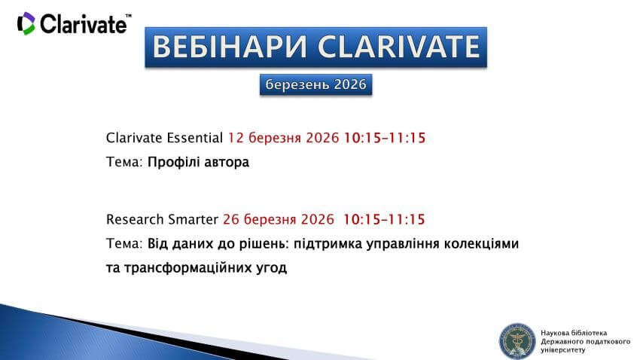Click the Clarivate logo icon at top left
[26, 23]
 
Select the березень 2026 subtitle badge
[316, 85]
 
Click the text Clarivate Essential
[165, 138]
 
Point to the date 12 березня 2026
[284, 138]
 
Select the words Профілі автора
[198, 162]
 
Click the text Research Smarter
[163, 219]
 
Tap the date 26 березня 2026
[279, 219]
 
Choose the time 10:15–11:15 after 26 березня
[384, 219]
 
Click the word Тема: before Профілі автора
[124, 162]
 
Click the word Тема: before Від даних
[124, 244]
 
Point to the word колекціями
[482, 244]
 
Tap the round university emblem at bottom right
[517, 340]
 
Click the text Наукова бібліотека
[574, 332]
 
